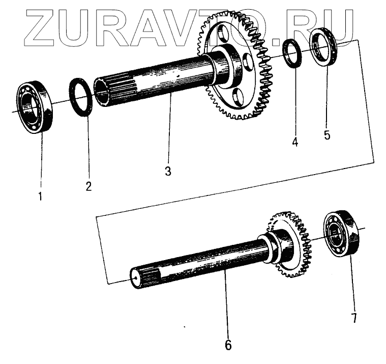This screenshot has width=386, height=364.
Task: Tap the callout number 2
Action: click(88, 186)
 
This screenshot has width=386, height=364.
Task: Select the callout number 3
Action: click(168, 171)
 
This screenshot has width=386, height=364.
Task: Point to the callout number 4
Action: click(295, 142)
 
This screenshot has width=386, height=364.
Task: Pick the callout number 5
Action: click(327, 135)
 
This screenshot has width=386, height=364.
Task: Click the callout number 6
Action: click(228, 345)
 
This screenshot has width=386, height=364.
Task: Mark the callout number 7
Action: click(354, 319)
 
